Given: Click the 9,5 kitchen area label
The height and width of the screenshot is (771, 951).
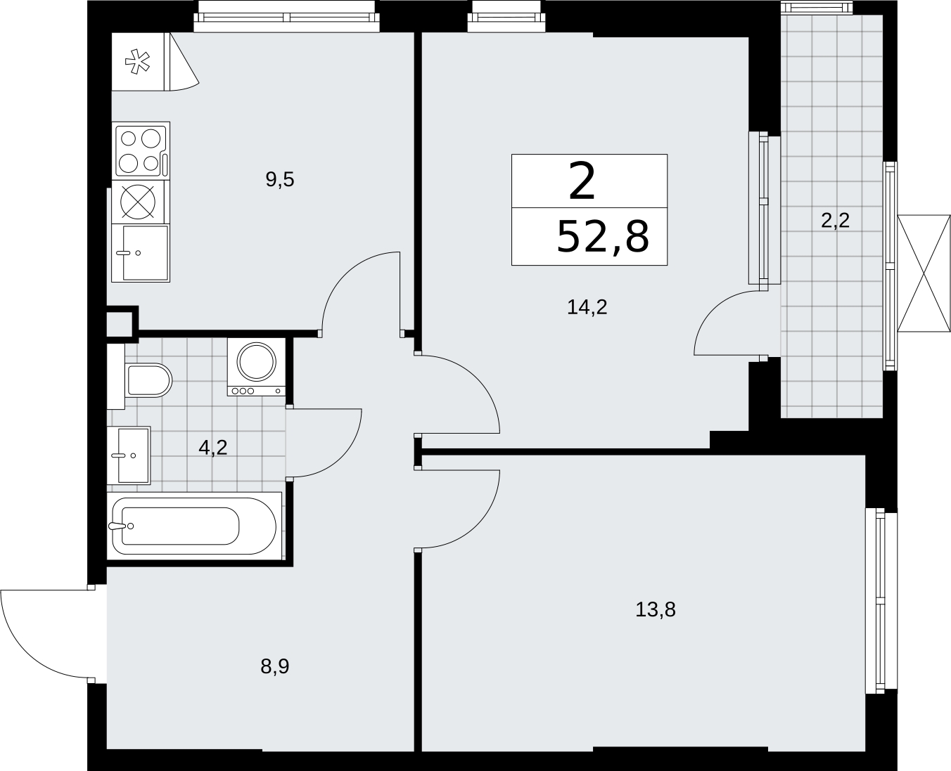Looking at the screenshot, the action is pyautogui.click(x=280, y=180).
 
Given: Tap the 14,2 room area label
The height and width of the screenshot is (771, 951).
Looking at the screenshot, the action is pyautogui.click(x=587, y=307).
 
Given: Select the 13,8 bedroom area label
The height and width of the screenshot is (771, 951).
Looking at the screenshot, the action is pyautogui.click(x=656, y=609).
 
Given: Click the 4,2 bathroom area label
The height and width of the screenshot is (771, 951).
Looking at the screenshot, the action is pyautogui.click(x=213, y=448).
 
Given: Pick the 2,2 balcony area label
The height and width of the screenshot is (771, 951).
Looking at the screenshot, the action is pyautogui.click(x=836, y=221).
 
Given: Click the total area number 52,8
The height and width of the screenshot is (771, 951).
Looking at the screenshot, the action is pyautogui.click(x=604, y=237).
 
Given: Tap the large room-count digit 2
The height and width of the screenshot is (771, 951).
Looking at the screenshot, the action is pyautogui.click(x=582, y=181).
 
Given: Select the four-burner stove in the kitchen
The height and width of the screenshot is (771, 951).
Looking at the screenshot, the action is pyautogui.click(x=141, y=151).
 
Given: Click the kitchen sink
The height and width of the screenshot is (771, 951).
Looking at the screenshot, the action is pyautogui.click(x=141, y=253).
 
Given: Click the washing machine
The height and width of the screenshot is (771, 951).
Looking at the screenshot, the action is pyautogui.click(x=256, y=366).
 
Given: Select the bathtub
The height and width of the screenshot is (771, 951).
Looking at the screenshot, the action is pyautogui.click(x=194, y=526).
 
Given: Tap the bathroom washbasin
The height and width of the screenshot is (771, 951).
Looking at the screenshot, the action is pyautogui.click(x=129, y=455).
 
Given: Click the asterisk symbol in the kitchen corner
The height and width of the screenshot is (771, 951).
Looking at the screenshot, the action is pyautogui.click(x=138, y=62).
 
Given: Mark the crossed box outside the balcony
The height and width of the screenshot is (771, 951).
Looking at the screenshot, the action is pyautogui.click(x=924, y=273).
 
